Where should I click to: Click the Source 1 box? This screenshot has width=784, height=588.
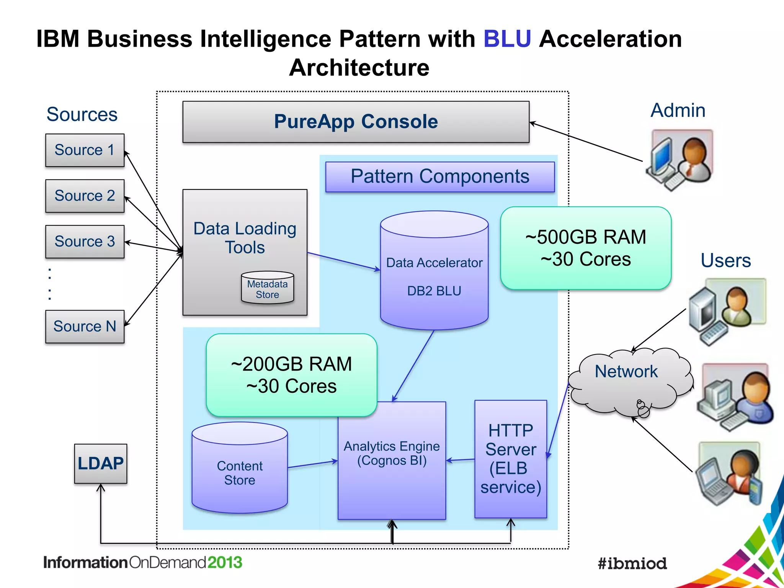point(85,150)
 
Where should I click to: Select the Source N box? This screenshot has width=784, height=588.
point(85,327)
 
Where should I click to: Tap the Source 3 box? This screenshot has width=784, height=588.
point(85,242)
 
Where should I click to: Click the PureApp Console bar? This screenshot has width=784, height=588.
point(356,122)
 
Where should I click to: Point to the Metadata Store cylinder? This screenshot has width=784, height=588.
point(267,288)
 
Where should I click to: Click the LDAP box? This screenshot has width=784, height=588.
point(100,464)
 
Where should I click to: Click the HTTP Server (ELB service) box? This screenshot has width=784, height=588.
point(511,459)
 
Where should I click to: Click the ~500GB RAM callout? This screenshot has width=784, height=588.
point(586,248)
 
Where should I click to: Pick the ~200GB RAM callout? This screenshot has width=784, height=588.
point(291,375)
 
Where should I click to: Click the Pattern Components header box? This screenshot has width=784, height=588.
point(440,177)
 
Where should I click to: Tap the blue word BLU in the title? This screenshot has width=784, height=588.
point(507,39)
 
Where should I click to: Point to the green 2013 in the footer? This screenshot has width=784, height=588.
point(225,562)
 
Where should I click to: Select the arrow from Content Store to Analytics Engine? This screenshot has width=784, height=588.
point(312,464)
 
